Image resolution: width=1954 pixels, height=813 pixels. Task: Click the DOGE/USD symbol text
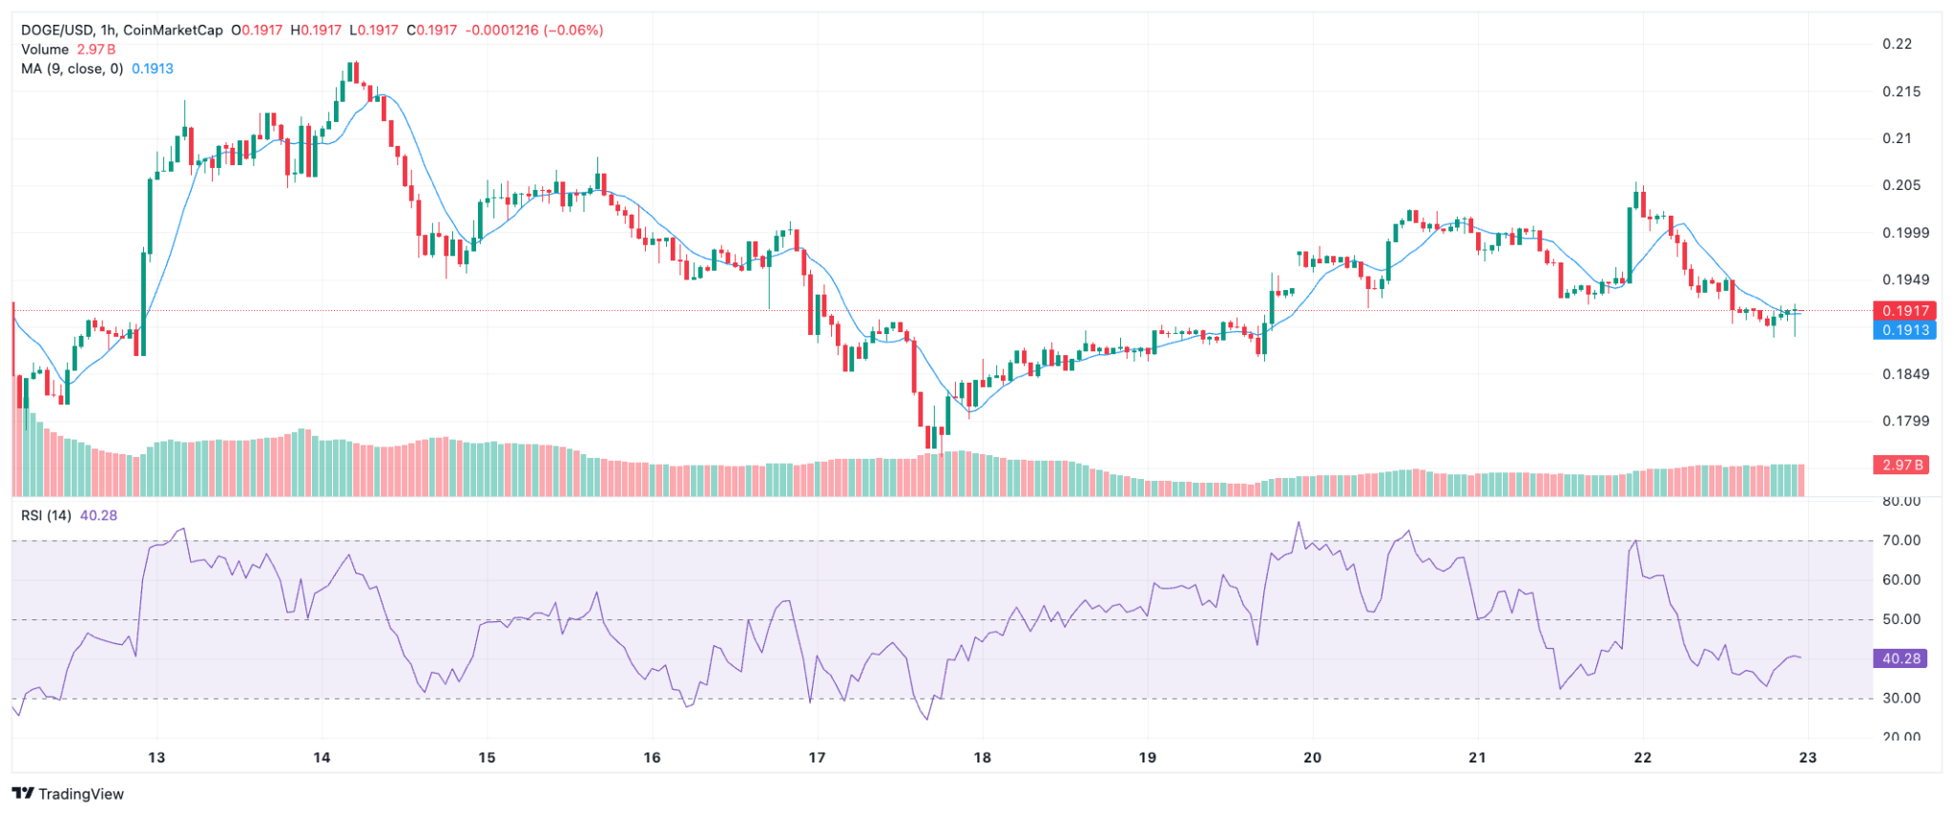[56, 31]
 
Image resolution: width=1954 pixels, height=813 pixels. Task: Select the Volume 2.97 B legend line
[69, 50]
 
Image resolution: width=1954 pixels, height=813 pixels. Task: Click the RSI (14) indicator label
[46, 515]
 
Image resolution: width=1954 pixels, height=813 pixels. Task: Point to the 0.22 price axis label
[1897, 44]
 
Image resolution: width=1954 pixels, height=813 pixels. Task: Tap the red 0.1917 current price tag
[1905, 311]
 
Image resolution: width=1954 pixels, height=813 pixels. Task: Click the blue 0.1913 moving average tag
[1905, 330]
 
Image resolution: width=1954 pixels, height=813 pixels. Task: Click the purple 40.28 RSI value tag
[1901, 658]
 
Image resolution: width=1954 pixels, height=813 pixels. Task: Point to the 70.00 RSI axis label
[1902, 540]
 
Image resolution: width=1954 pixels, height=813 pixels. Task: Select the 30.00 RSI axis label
[1902, 698]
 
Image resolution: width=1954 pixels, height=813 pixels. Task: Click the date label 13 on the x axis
[156, 758]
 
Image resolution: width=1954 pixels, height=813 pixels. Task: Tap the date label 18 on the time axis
[982, 758]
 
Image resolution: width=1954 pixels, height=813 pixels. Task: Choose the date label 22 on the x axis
[1642, 758]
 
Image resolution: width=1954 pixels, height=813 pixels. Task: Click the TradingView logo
[69, 794]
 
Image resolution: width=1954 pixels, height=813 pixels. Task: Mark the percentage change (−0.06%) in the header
[573, 31]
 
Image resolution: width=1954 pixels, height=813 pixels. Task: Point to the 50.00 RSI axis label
[1902, 619]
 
